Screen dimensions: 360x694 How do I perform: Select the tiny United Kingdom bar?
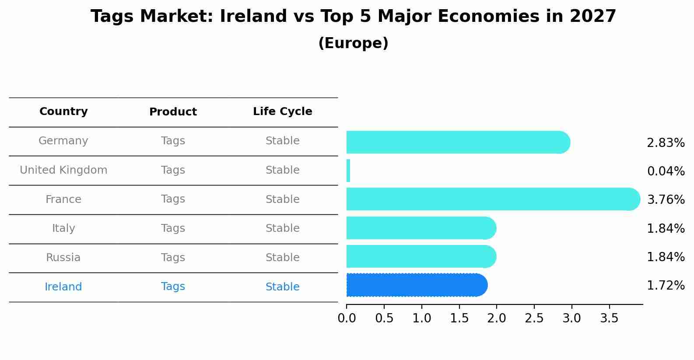(x=348, y=171)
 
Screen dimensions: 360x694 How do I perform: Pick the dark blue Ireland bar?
(x=416, y=285)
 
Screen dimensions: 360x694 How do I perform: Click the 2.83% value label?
(x=666, y=143)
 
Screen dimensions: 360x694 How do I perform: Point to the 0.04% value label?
(x=666, y=171)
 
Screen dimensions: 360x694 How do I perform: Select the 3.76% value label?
(x=666, y=200)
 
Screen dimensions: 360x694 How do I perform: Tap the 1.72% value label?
(x=666, y=286)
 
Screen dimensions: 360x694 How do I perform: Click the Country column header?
(x=63, y=112)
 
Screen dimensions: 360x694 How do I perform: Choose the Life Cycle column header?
(x=282, y=112)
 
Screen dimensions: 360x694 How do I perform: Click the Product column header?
(x=173, y=112)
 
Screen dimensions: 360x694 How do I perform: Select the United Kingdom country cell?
(x=63, y=170)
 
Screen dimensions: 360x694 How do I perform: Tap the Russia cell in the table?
(x=63, y=258)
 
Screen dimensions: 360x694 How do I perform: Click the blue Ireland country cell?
(x=63, y=287)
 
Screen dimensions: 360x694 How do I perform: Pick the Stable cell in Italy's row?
(x=282, y=228)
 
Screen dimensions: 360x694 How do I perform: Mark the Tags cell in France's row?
(x=173, y=199)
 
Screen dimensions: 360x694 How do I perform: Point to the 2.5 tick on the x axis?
(x=534, y=318)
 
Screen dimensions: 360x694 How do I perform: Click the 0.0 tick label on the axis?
(x=347, y=318)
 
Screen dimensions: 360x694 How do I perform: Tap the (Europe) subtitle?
(x=353, y=43)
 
